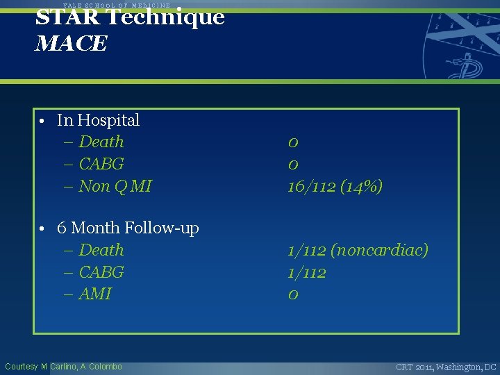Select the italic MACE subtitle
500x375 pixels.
pyautogui.click(x=71, y=44)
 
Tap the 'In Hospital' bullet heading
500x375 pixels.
pyautogui.click(x=98, y=120)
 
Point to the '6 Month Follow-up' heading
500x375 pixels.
pyautogui.click(x=128, y=228)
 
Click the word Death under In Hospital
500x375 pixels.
pyautogui.click(x=101, y=142)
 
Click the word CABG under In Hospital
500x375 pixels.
pyautogui.click(x=101, y=164)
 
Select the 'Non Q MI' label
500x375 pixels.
pyautogui.click(x=115, y=186)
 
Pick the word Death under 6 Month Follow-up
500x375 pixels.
pyautogui.click(x=101, y=250)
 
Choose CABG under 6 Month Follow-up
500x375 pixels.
pyautogui.click(x=101, y=272)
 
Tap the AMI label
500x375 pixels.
pyautogui.click(x=94, y=294)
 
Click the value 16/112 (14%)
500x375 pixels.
pyautogui.click(x=335, y=186)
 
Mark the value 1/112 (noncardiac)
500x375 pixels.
pyautogui.click(x=358, y=250)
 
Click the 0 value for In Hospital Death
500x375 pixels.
pyautogui.click(x=293, y=142)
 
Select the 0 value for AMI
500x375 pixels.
pyautogui.click(x=293, y=294)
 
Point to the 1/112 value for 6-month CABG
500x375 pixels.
pyautogui.click(x=307, y=272)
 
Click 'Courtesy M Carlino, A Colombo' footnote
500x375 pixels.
pyautogui.click(x=63, y=367)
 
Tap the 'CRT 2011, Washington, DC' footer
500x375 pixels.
pyautogui.click(x=446, y=367)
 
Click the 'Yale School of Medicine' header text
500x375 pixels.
pyautogui.click(x=116, y=5)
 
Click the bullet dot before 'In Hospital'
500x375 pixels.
pyautogui.click(x=42, y=122)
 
